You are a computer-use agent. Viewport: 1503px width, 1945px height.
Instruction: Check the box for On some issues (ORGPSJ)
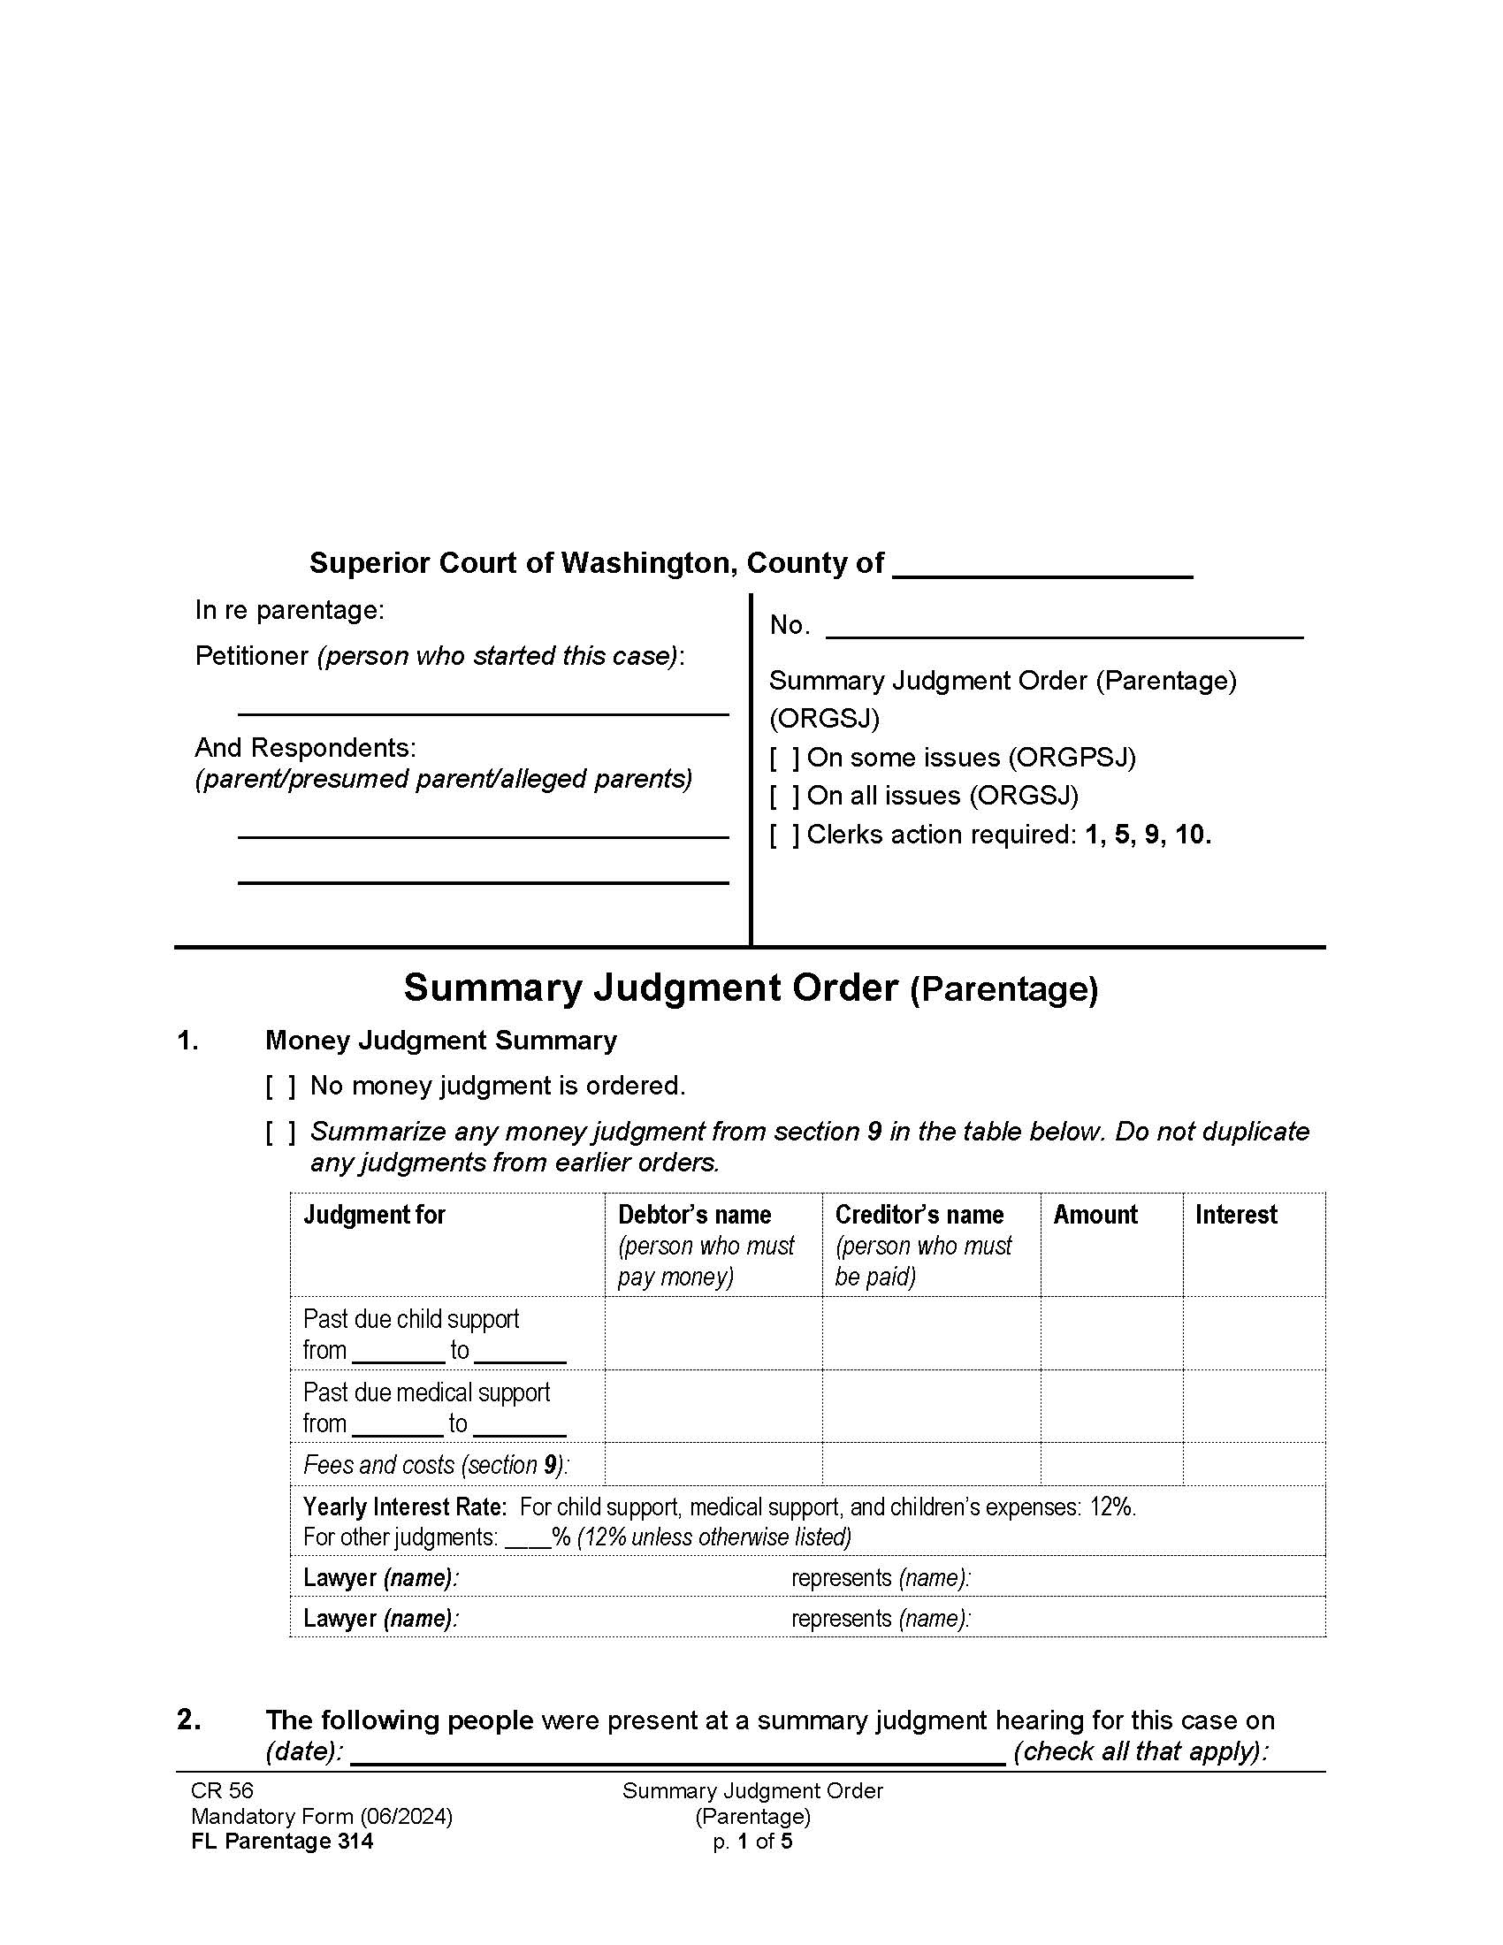point(783,758)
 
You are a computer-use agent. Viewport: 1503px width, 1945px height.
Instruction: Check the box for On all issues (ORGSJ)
point(783,797)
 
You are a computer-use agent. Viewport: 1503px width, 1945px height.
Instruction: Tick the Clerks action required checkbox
point(783,835)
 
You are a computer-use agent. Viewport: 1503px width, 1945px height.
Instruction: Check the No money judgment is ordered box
point(279,1087)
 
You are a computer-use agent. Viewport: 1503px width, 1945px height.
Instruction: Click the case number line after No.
point(1064,629)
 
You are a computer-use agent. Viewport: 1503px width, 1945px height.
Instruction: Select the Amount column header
point(1095,1215)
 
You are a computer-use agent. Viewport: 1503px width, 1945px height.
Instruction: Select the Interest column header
point(1236,1215)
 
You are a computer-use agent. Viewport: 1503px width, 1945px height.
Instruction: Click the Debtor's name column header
point(695,1215)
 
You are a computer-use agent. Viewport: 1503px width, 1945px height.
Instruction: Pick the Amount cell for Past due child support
point(1111,1333)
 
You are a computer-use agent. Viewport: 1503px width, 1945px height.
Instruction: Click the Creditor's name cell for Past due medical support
point(930,1407)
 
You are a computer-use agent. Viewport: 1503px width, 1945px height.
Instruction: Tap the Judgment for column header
point(374,1215)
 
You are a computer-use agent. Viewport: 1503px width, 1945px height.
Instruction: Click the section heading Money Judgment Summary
point(441,1041)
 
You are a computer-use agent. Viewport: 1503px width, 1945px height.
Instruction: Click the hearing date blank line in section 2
point(678,1752)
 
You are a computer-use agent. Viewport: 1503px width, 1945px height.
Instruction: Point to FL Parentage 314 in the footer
point(282,1842)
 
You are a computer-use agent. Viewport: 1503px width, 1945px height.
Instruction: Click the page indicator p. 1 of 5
point(752,1842)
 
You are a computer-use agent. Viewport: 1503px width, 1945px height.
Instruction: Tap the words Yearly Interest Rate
point(404,1506)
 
